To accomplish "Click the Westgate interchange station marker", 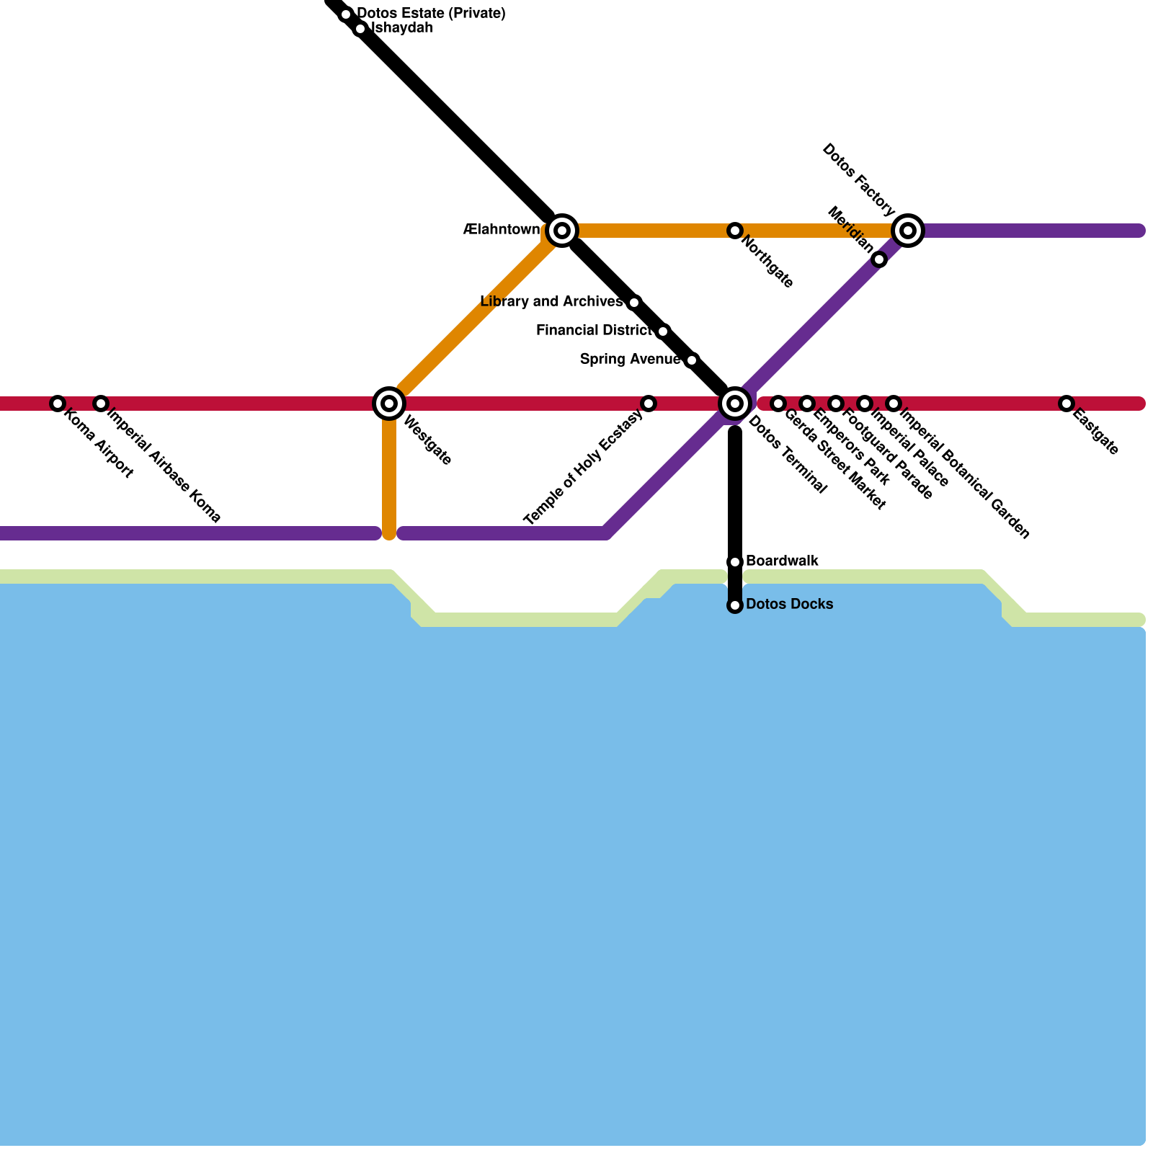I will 389,404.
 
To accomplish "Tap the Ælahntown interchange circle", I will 562,231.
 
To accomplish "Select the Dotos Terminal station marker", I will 735,404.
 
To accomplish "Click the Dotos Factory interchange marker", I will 908,231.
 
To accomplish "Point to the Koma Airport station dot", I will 58,404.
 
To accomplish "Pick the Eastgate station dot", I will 1067,404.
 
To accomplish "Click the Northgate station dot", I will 735,231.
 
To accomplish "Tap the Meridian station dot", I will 879,259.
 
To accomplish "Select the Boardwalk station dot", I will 735,562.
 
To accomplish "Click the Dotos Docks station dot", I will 735,605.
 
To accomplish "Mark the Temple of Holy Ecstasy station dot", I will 649,404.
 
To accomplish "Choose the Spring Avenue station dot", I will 692,360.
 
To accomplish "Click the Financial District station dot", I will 663,331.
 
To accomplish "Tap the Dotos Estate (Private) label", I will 431,13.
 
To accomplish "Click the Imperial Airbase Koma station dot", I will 101,404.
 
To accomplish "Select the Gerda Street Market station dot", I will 778,404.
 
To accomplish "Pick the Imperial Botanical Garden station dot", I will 894,404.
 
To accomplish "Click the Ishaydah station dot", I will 360,29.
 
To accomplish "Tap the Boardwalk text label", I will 782,561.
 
